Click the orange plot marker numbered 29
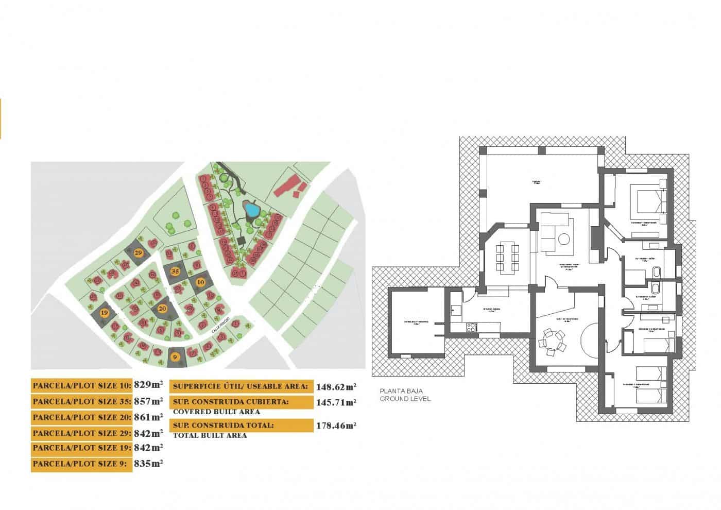coord(139,253)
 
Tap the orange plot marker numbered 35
coord(175,271)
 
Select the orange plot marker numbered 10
coord(200,282)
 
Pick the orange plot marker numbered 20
coord(163,309)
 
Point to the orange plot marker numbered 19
coord(104,313)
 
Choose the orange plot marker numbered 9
coord(175,356)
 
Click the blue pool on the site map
coord(251,209)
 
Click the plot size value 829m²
coord(148,384)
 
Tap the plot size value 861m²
coord(148,417)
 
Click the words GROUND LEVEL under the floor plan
coord(405,399)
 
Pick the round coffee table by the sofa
coord(564,239)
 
